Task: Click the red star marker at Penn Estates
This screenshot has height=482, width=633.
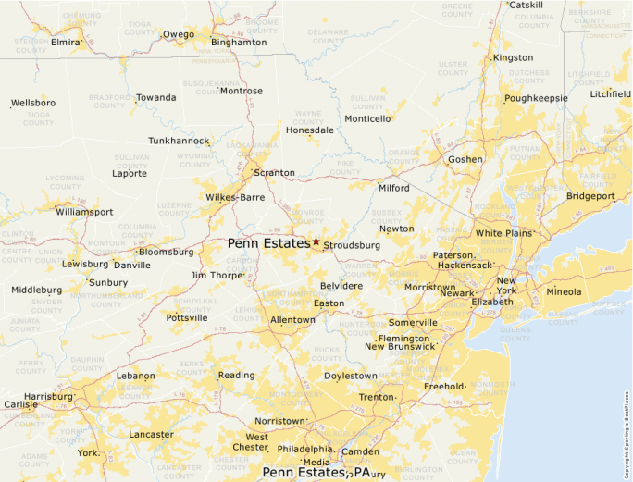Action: [x=316, y=241]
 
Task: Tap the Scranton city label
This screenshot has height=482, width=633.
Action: [x=275, y=173]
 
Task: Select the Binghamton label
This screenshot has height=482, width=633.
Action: [x=239, y=43]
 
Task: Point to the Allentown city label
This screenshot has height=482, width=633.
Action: [x=292, y=320]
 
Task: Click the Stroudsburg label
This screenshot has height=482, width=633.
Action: [x=352, y=246]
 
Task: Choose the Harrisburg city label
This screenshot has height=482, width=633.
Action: [x=48, y=397]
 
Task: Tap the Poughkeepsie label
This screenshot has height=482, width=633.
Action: [x=536, y=98]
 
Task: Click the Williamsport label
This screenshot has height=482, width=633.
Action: [x=84, y=212]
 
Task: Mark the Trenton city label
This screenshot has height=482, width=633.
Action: [x=377, y=397]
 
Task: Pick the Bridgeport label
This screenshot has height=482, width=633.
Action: [x=590, y=196]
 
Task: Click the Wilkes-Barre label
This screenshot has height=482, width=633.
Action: [x=235, y=197]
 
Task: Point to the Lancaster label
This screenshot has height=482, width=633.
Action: [x=151, y=434]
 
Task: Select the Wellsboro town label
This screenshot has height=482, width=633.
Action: [x=33, y=103]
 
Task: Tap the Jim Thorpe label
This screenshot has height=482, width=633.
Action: [x=216, y=276]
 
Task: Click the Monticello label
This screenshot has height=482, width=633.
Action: [x=367, y=119]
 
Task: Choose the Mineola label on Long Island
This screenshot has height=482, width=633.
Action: [x=564, y=292]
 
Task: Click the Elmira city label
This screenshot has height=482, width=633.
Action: [x=66, y=43]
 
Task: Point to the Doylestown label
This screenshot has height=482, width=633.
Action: [x=351, y=376]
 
